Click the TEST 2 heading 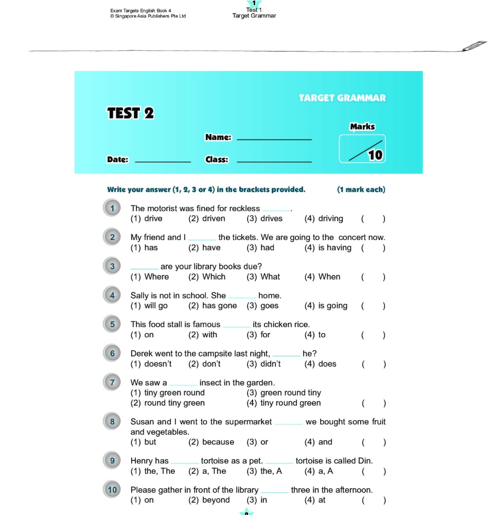coord(130,113)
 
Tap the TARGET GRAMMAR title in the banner coord(342,98)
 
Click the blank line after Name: coord(274,139)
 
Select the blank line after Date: coord(163,161)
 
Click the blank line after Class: coord(274,161)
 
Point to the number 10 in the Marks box coord(375,154)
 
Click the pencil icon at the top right coord(474,45)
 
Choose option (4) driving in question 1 coord(324,218)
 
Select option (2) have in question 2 coord(204,248)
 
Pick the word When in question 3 coord(329,277)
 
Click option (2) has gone coord(213,306)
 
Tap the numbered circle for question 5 coord(112,324)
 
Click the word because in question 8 coord(218,442)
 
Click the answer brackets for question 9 coord(373,471)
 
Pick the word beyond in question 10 coord(216,500)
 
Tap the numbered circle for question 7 coord(112,382)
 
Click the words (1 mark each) coord(361,190)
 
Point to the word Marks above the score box coord(362,127)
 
